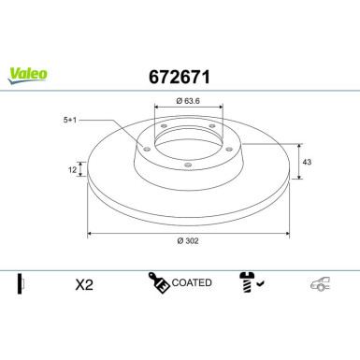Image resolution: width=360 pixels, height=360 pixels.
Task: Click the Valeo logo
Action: tap(28, 76)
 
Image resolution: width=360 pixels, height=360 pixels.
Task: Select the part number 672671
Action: tap(180, 77)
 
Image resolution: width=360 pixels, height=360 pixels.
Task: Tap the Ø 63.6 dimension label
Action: tap(188, 101)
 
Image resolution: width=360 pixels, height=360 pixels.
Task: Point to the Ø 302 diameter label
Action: tap(188, 240)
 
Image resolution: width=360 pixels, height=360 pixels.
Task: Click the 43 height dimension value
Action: tap(307, 162)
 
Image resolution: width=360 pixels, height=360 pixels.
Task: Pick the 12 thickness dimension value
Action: tap(72, 170)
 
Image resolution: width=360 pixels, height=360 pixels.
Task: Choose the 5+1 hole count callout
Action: tap(70, 120)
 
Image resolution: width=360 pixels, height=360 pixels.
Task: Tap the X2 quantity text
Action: tap(84, 284)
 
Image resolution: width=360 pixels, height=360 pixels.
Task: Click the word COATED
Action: tap(192, 282)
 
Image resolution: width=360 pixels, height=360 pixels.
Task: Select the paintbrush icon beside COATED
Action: tap(159, 282)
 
